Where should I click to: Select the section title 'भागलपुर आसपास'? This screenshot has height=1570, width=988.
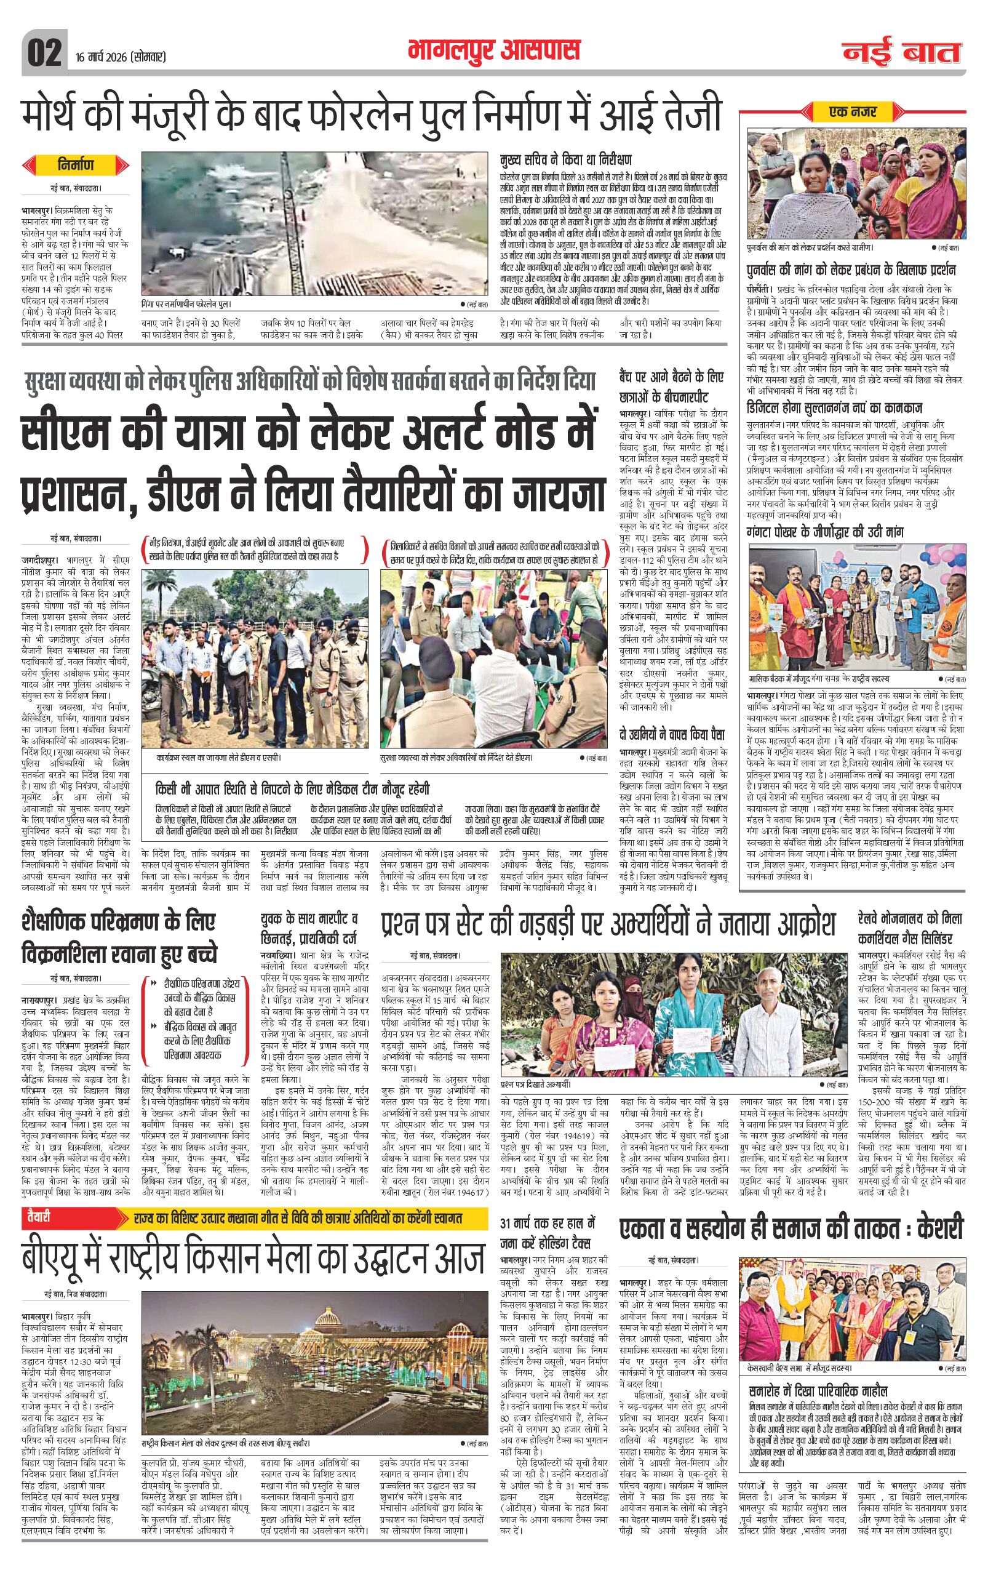(x=493, y=50)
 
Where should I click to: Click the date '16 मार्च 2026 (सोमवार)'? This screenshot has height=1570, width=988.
(x=121, y=57)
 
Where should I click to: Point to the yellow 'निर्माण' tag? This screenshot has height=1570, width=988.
(x=75, y=165)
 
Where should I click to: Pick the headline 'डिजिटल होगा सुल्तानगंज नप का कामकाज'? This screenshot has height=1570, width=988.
(x=834, y=409)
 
